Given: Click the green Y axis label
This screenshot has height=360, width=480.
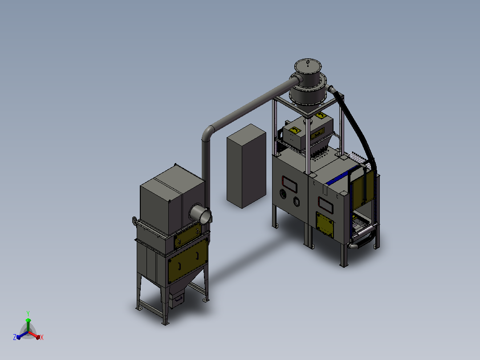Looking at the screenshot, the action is (28, 313).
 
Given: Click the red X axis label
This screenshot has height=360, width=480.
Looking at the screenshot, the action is (42, 337).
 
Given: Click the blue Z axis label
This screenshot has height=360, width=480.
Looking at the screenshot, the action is (15, 337).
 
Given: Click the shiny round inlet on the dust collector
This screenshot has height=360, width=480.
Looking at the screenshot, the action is (201, 214).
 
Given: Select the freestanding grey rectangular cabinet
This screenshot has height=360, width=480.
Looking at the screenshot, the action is (246, 166).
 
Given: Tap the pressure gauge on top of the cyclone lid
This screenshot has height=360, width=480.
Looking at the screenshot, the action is (308, 62).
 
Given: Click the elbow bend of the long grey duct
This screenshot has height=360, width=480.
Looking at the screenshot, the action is (208, 133).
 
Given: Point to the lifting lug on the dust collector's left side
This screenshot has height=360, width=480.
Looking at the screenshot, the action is (134, 221).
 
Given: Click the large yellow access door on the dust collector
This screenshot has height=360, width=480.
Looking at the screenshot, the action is (187, 261).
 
